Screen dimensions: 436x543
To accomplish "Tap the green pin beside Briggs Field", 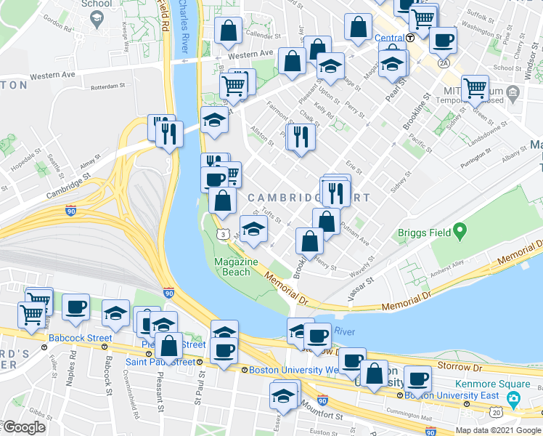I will [459, 233].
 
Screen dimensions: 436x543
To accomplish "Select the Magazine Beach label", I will [237, 267].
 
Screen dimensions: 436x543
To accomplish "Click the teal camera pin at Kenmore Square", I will [514, 397].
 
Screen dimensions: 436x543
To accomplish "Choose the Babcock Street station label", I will [80, 338].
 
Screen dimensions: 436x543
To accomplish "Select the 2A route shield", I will [444, 62].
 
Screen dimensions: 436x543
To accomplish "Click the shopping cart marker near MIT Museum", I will [475, 88].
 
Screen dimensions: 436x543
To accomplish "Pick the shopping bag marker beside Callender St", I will [229, 31].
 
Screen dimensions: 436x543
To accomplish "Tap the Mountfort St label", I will [346, 416].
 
